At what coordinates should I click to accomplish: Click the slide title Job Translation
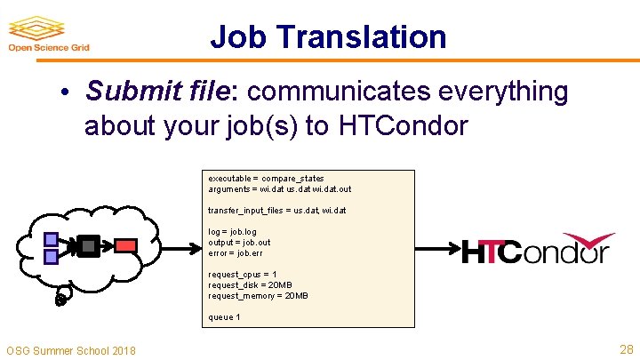(328, 36)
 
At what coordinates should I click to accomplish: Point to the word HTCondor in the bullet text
(402, 126)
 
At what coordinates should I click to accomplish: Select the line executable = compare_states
(266, 179)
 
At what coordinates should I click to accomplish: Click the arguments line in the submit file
(280, 189)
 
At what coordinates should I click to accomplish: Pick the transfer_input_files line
(277, 211)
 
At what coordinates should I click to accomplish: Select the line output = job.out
(239, 243)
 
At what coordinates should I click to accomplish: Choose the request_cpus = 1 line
(243, 275)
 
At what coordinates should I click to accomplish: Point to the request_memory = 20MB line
(258, 296)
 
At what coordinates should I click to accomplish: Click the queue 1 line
(224, 317)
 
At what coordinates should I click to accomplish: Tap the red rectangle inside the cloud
(126, 244)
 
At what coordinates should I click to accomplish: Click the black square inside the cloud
(88, 245)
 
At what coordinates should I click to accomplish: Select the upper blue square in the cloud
(52, 238)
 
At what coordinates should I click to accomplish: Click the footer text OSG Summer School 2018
(71, 350)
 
